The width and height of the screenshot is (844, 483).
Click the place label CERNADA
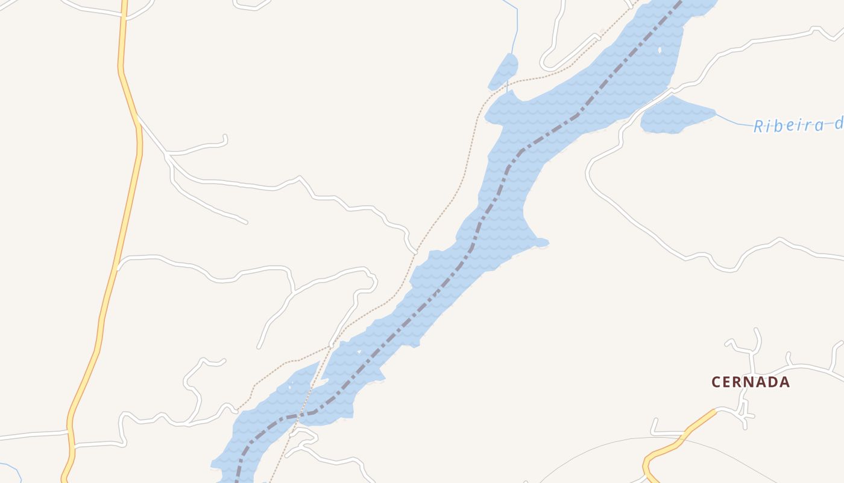click(751, 382)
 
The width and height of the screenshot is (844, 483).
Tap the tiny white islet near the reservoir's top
click(660, 50)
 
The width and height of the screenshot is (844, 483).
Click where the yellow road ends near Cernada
click(716, 411)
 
